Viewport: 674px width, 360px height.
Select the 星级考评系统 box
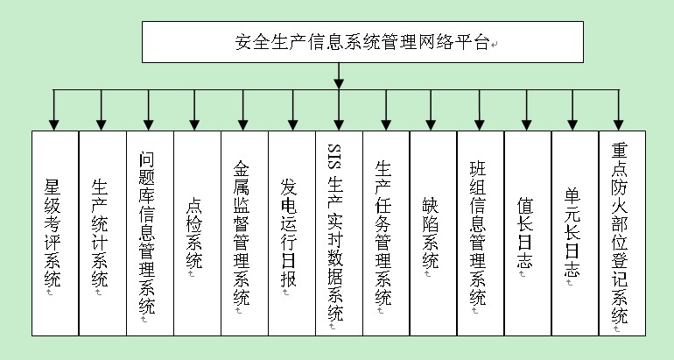[54, 232]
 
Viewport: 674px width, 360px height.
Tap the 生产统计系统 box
[102, 232]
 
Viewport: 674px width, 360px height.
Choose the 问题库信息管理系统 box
[149, 232]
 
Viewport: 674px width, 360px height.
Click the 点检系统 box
[196, 232]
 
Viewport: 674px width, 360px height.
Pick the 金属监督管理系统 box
[243, 232]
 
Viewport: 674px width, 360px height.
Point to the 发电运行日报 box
[291, 232]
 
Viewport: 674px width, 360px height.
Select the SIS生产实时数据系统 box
[339, 232]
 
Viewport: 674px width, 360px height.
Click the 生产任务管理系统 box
[386, 232]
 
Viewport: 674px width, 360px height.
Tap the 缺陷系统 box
[433, 232]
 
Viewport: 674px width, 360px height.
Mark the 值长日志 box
[528, 232]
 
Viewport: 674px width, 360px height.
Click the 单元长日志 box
[575, 232]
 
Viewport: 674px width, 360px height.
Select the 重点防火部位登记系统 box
[622, 232]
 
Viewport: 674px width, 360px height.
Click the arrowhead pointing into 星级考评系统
[54, 123]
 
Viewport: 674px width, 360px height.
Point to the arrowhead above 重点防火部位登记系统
[621, 123]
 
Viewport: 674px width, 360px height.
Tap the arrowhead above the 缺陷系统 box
[433, 123]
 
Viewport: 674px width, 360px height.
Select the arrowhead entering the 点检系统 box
[196, 123]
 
